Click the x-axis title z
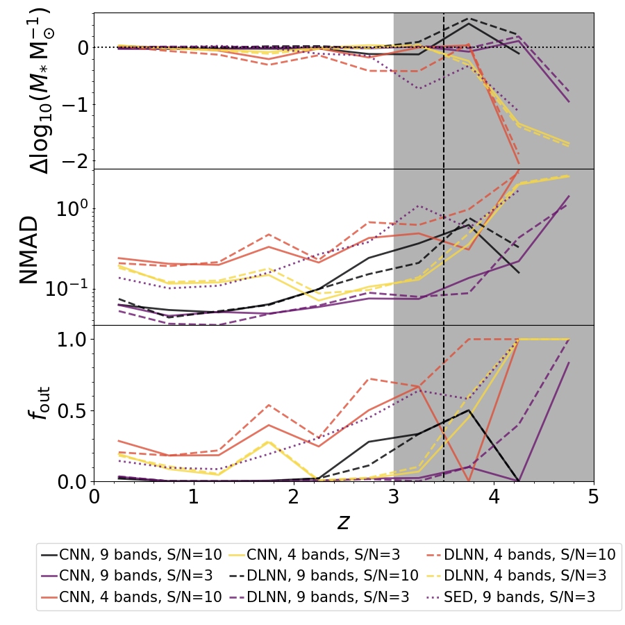[x=344, y=522]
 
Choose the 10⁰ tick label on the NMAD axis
[x=70, y=208]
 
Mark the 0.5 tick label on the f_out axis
[x=70, y=410]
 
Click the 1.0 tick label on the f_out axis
[x=70, y=340]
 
